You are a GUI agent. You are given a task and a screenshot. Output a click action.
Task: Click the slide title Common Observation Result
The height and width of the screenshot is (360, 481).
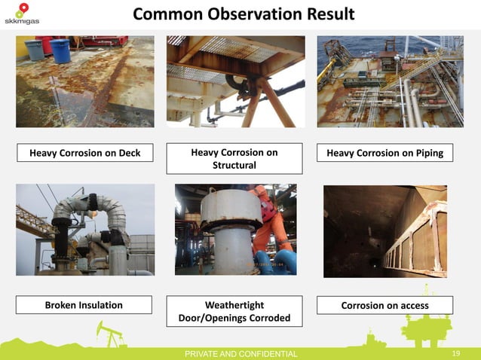pos(244,15)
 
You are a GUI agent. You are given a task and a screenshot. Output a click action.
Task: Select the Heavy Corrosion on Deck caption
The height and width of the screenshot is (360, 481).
pos(84,154)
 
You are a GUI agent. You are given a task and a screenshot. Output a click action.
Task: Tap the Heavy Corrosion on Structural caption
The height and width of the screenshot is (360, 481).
pos(234,159)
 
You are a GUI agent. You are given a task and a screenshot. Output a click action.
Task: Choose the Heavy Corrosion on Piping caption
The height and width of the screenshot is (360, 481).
pos(384,154)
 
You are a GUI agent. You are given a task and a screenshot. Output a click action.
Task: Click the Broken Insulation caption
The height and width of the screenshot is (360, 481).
pos(84,305)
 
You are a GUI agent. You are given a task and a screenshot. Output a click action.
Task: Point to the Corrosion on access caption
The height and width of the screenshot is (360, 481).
pos(384,305)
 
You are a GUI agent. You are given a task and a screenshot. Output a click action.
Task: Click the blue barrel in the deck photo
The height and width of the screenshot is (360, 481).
pos(60,50)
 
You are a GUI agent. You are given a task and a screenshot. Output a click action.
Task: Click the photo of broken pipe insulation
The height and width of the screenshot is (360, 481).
pos(84,230)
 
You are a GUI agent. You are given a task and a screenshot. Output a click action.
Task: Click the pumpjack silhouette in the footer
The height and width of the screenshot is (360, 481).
pos(111,335)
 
